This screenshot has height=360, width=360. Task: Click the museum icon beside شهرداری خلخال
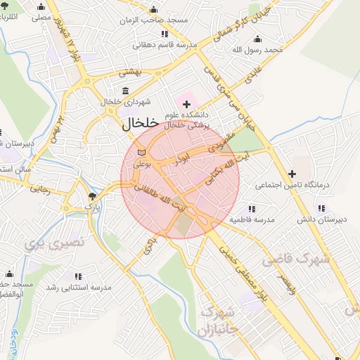(x=125, y=91)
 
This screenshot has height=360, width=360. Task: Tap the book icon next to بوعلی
(x=142, y=153)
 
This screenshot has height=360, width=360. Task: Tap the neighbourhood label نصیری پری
(x=53, y=243)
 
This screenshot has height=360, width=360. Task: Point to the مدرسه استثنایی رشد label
(x=79, y=288)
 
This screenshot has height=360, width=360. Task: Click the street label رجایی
(x=41, y=189)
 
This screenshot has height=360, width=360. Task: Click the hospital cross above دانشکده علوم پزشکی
(x=186, y=104)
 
